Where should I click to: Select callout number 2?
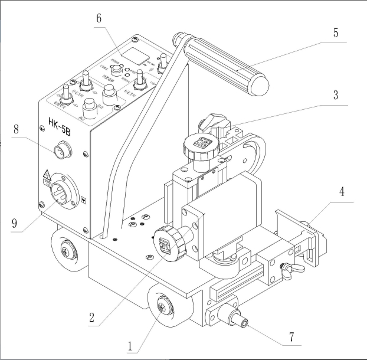tap(91, 318)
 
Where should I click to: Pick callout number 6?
tap(99, 18)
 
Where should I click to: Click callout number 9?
tap(15, 224)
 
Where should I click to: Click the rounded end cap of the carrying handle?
tap(260, 86)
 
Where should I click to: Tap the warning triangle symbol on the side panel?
tap(45, 174)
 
